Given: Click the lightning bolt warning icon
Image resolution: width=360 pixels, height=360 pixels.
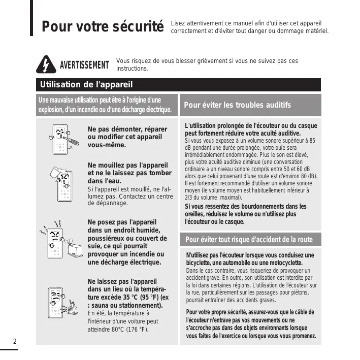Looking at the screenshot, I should pyautogui.click(x=46, y=64).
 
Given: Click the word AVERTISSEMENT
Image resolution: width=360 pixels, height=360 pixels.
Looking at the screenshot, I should pyautogui.click(x=84, y=65).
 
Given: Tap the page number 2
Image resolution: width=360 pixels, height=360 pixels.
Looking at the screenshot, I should pyautogui.click(x=15, y=341).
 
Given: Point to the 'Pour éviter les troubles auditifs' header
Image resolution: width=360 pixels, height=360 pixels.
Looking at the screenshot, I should pyautogui.click(x=237, y=105).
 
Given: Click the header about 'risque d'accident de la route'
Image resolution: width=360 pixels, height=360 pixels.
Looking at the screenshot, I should pyautogui.click(x=249, y=240).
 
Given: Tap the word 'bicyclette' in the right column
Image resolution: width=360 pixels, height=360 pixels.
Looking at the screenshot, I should pyautogui.click(x=195, y=263).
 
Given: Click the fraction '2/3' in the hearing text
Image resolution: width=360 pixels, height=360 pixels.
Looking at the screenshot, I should pyautogui.click(x=188, y=198).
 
